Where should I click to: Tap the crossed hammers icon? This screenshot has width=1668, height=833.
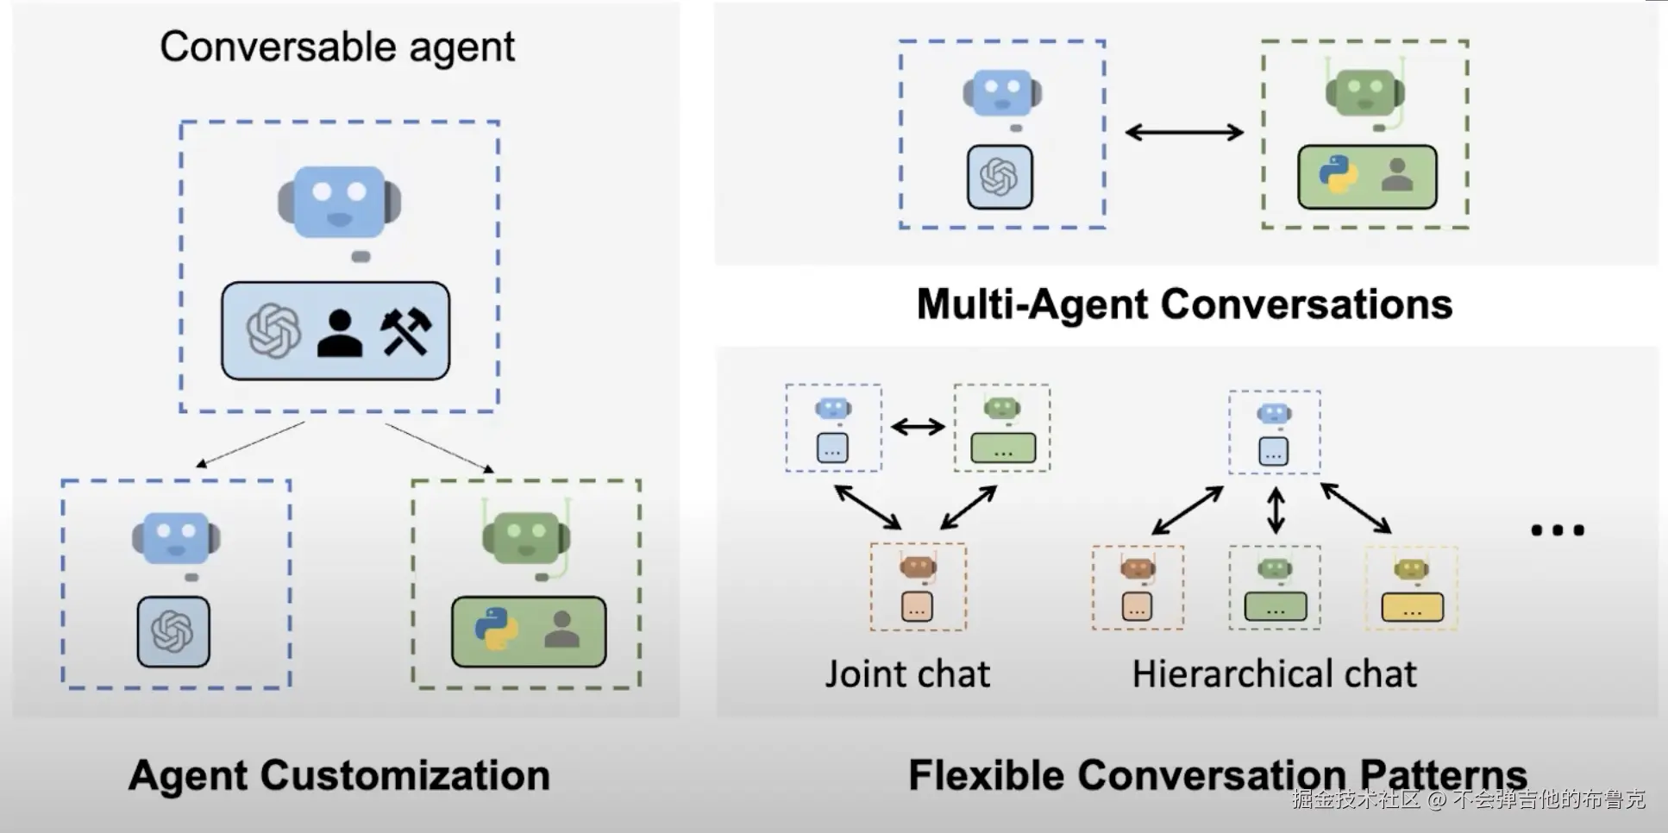pyautogui.click(x=405, y=331)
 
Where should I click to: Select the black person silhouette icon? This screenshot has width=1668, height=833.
pyautogui.click(x=339, y=333)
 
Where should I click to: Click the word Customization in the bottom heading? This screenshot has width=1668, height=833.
pyautogui.click(x=404, y=775)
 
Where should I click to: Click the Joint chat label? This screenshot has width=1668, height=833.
pyautogui.click(x=907, y=674)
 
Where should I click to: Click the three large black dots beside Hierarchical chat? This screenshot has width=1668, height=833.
pyautogui.click(x=1558, y=530)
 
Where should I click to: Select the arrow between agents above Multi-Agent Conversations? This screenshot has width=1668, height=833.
pyautogui.click(x=1184, y=132)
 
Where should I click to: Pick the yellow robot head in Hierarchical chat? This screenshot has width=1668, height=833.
pyautogui.click(x=1412, y=569)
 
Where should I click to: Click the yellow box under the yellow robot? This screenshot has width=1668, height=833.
pyautogui.click(x=1413, y=608)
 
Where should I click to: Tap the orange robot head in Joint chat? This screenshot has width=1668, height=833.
pyautogui.click(x=917, y=567)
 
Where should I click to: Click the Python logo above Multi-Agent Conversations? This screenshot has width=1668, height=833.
pyautogui.click(x=1338, y=174)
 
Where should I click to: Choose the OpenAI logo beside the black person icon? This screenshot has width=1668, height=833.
pyautogui.click(x=273, y=331)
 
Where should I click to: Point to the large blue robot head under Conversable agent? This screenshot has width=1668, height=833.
pyautogui.click(x=339, y=202)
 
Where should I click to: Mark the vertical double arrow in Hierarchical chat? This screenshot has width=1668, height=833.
pyautogui.click(x=1276, y=510)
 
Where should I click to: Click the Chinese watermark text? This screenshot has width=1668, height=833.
pyautogui.click(x=1468, y=799)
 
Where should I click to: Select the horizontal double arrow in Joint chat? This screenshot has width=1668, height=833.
pyautogui.click(x=918, y=426)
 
